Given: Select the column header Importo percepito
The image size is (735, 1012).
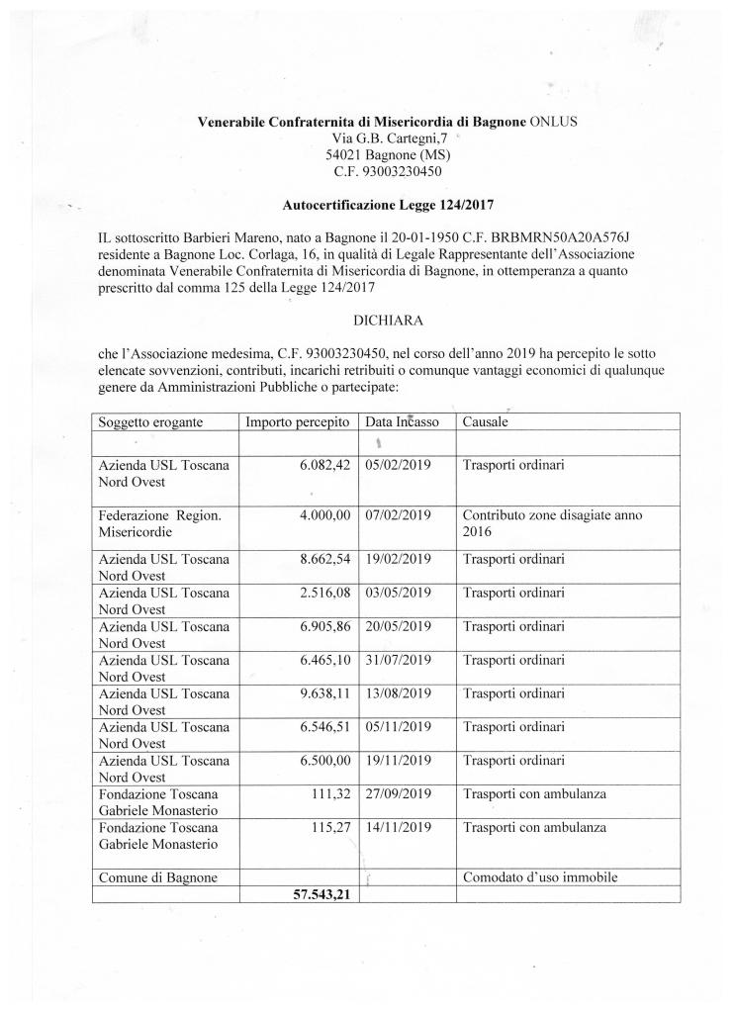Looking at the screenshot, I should [x=298, y=421].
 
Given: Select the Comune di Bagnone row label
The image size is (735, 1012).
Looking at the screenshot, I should [x=157, y=875].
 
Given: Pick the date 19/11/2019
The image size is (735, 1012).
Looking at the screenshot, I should [x=399, y=763].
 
